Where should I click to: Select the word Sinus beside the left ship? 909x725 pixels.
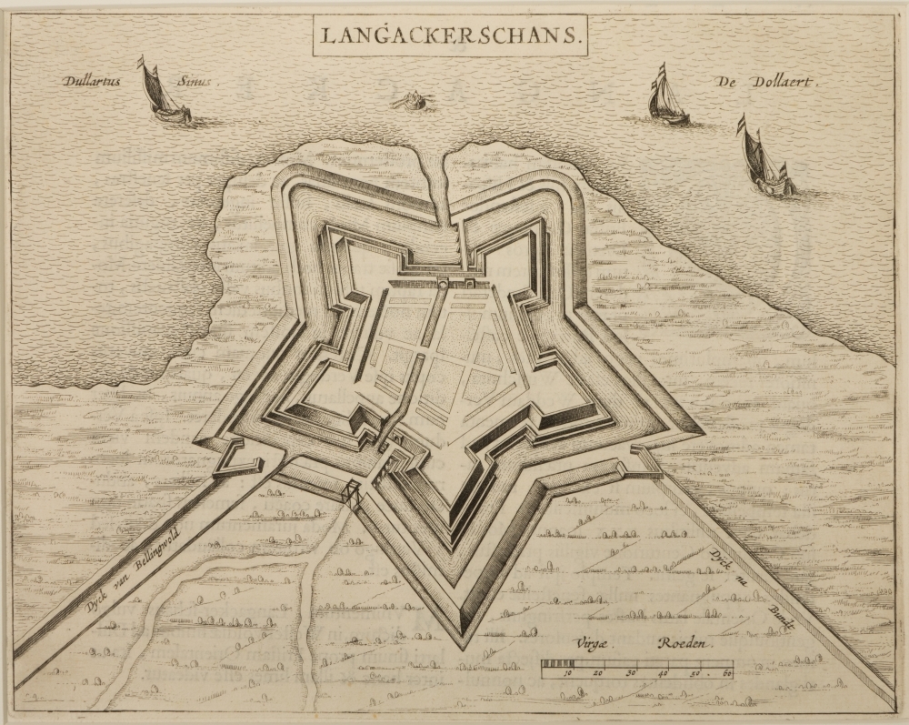194,81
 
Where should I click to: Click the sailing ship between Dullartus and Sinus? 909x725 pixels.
163,93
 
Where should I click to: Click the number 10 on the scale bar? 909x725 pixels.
567,674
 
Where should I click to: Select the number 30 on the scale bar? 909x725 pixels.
632,674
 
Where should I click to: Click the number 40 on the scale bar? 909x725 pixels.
664,674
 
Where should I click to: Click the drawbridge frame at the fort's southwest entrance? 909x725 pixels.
352,494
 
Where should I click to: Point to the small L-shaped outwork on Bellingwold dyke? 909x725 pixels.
234,459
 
